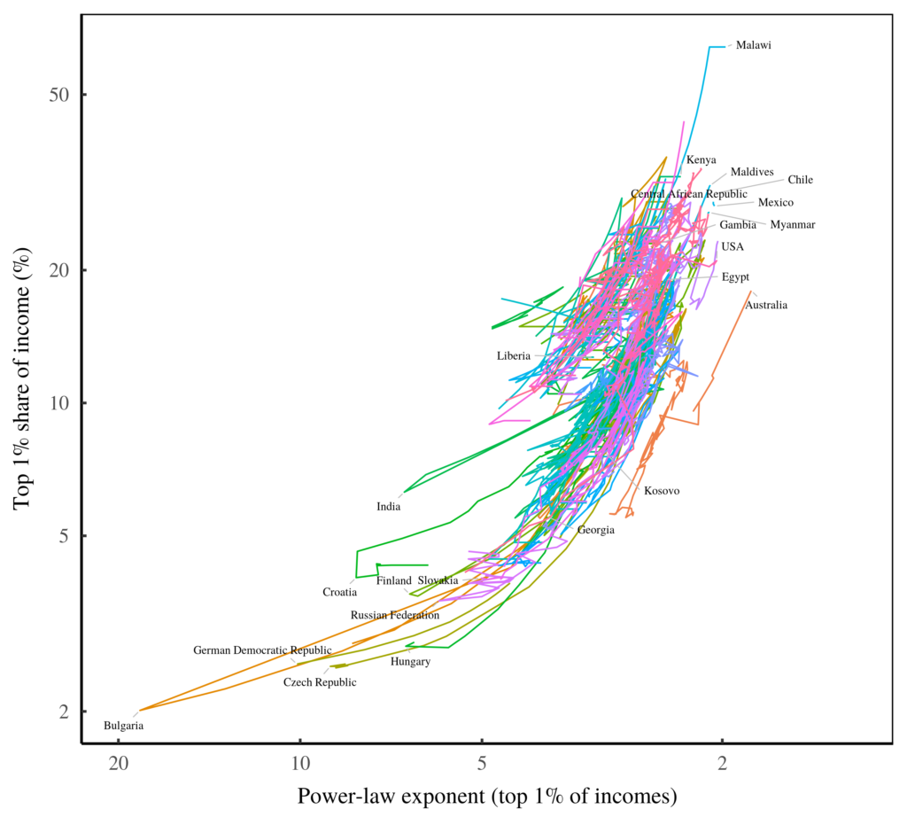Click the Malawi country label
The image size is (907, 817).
754,45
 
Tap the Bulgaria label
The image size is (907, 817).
123,726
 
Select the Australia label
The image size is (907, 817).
766,306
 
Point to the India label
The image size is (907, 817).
388,507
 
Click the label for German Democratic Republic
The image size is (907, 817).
251,650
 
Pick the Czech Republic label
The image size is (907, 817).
320,682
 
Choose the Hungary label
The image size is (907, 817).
410,662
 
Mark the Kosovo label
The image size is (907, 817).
662,491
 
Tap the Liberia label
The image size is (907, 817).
514,356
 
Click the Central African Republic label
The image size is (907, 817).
689,194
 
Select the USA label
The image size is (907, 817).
733,246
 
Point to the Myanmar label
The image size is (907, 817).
792,225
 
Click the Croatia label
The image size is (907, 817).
339,592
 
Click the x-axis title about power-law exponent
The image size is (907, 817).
487,796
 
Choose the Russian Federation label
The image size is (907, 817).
395,615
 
